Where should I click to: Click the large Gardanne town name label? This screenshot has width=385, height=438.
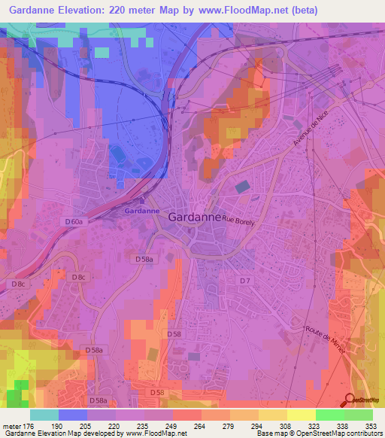[x=195, y=217]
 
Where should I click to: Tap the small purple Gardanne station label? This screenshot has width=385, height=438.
[x=142, y=211]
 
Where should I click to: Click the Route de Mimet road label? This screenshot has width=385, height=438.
[x=326, y=343]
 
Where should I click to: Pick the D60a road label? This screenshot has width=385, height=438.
[x=74, y=222]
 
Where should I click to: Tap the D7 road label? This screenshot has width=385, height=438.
[x=244, y=281]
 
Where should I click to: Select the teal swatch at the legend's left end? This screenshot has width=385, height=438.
[x=44, y=415]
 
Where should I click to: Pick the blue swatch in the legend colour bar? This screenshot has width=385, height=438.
[x=73, y=415]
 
